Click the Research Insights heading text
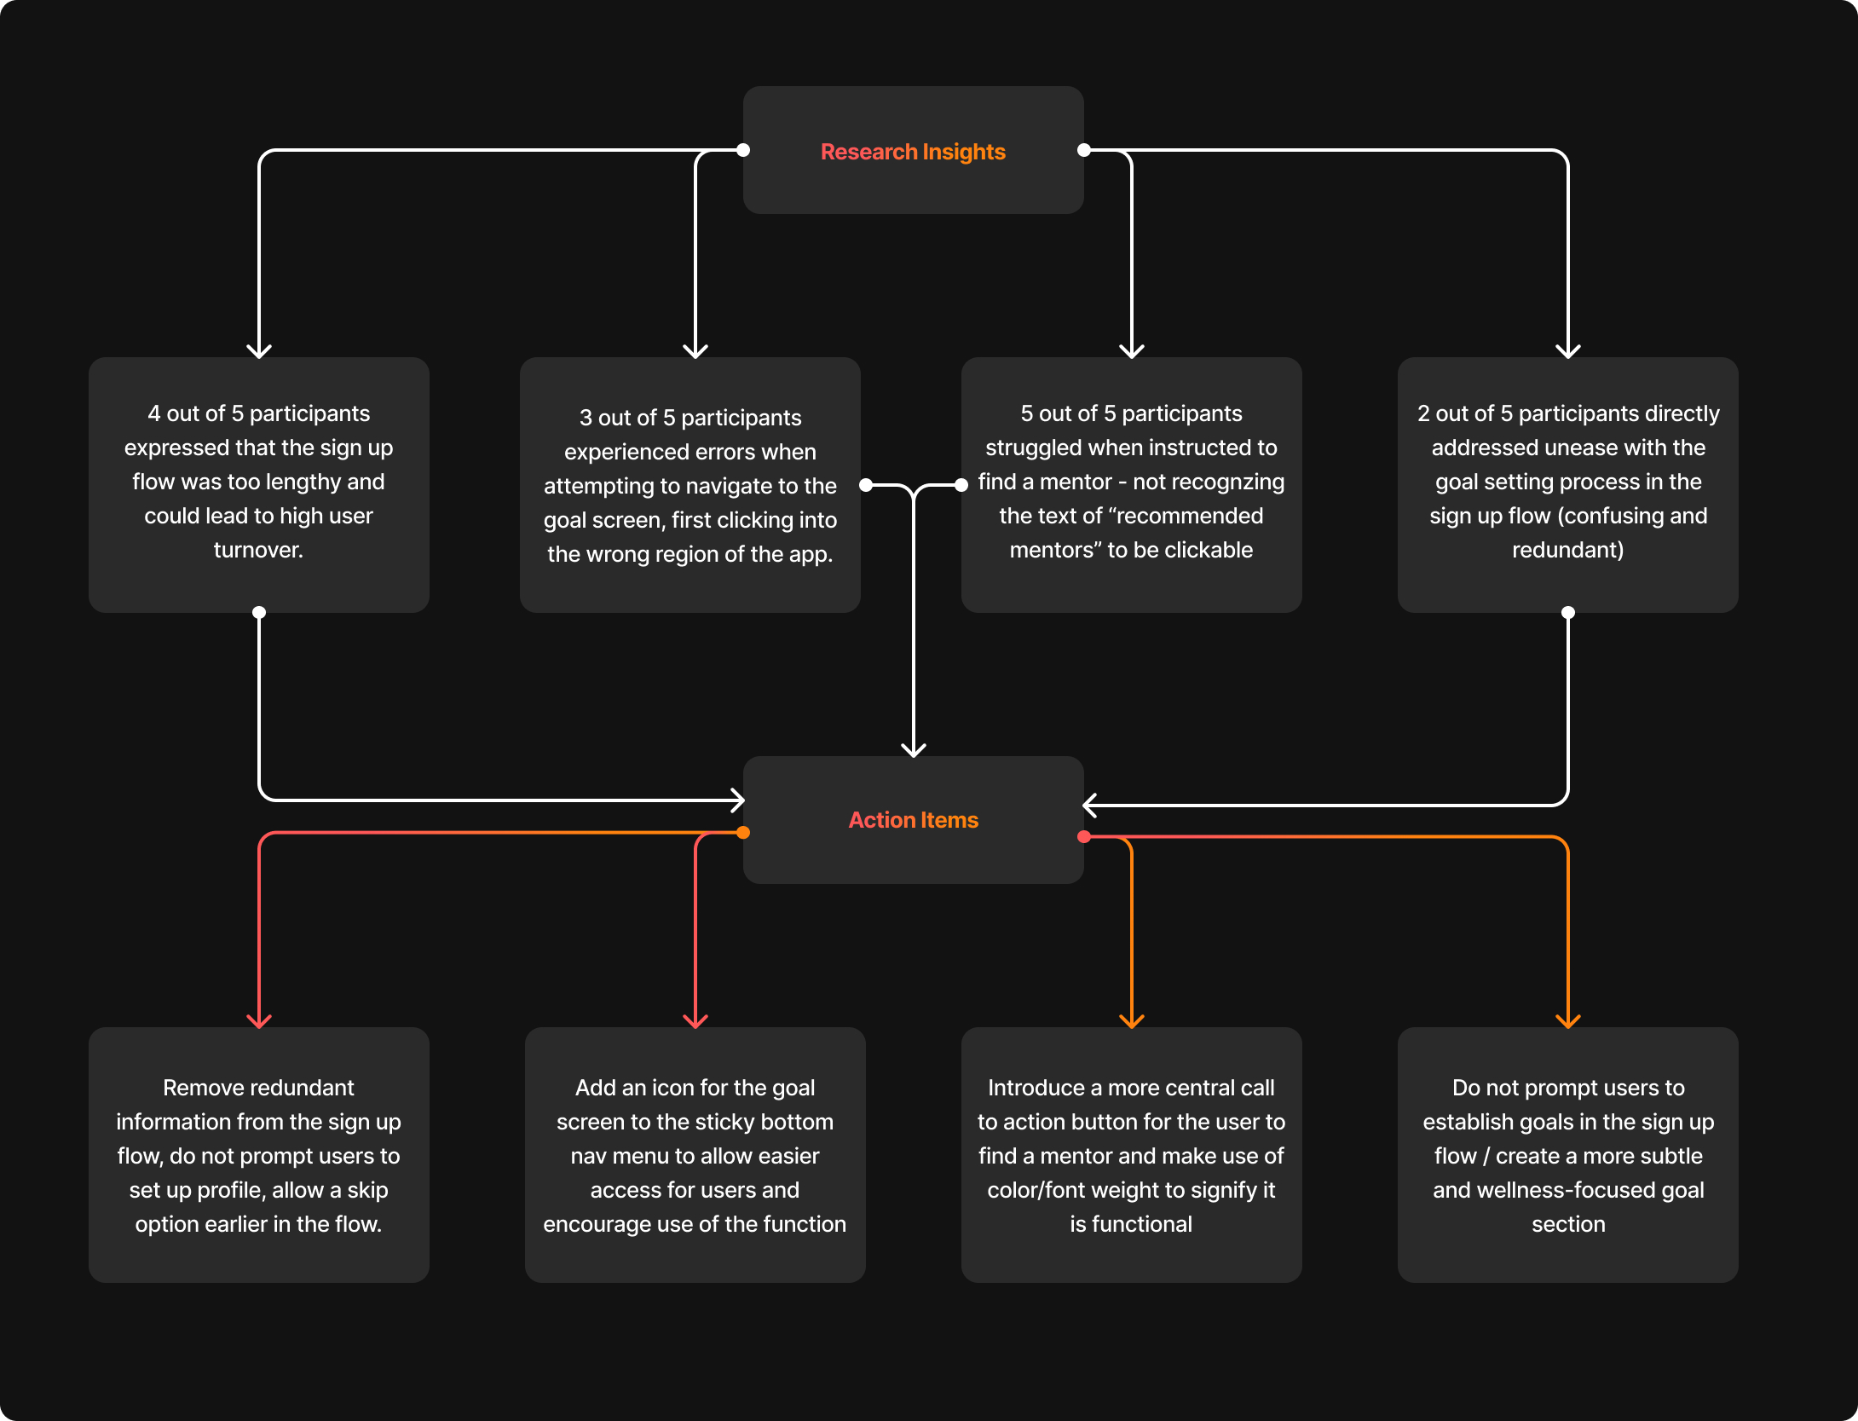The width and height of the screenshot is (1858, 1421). [913, 152]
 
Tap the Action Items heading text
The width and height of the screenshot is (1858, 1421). [913, 820]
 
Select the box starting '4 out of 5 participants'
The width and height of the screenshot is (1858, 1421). [259, 484]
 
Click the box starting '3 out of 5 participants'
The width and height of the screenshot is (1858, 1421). [690, 484]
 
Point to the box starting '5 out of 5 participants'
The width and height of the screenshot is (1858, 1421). [1132, 484]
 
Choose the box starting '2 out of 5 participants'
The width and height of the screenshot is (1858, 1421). [1568, 484]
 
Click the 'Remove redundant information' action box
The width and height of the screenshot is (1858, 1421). [259, 1155]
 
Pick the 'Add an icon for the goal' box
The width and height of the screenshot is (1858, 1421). [695, 1155]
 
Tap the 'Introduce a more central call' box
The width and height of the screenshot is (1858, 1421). [1132, 1155]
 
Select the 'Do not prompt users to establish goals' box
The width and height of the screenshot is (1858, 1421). [1568, 1155]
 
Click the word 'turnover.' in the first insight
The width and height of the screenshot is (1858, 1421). [258, 550]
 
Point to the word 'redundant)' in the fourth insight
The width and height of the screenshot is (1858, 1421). [1568, 550]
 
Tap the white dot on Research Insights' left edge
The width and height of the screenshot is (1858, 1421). [743, 150]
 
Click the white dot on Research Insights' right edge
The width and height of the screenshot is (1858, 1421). [1084, 150]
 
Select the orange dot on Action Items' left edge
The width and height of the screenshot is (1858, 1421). [743, 833]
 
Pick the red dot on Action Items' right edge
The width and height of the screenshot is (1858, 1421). [1084, 837]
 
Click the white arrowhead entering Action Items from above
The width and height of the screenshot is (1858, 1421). [914, 750]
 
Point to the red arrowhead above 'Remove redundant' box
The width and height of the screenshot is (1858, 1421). [259, 1021]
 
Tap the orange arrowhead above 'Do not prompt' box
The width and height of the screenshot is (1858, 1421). [1568, 1021]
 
